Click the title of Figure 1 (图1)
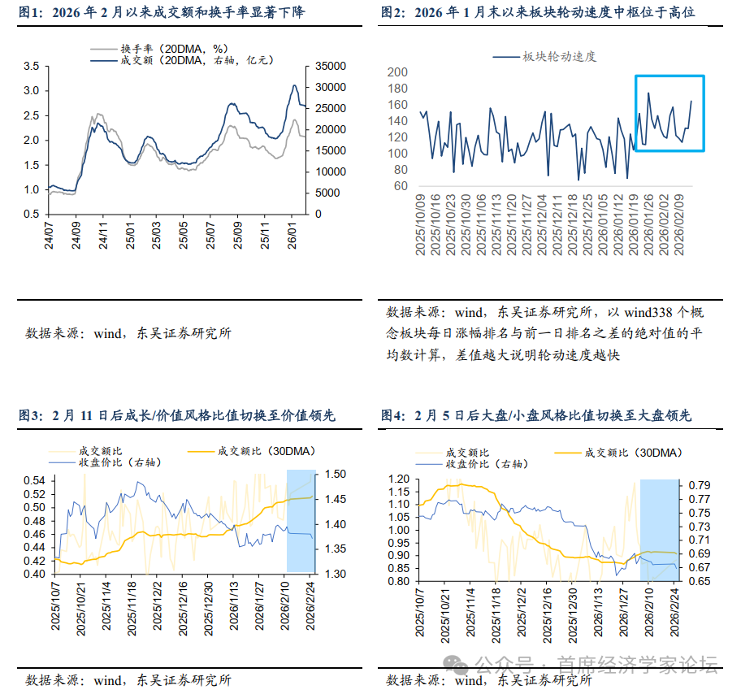(x=183, y=12)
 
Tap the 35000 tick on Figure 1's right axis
(x=322, y=66)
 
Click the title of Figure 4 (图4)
(x=536, y=415)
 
